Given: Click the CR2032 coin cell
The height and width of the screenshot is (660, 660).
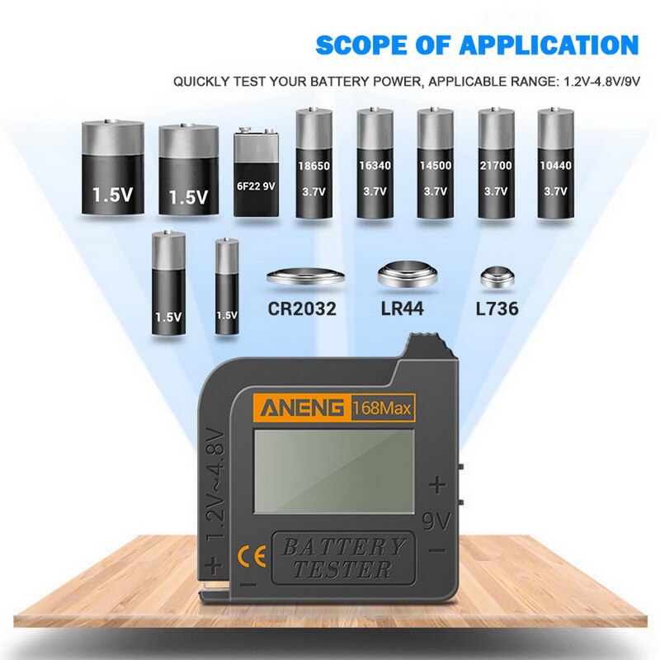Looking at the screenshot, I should coord(303,276).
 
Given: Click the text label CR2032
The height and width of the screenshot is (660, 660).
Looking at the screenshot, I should coord(302,310).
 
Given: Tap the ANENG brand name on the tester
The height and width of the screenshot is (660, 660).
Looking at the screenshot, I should coord(302,407).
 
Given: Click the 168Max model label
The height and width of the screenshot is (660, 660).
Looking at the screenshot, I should coord(383,407).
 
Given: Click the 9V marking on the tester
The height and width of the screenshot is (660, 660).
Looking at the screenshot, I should coord(437,521).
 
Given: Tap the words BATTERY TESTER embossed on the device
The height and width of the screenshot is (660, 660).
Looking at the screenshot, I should coord(343,558).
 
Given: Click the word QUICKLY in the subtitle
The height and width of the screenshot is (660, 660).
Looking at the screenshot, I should coord(199,82).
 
